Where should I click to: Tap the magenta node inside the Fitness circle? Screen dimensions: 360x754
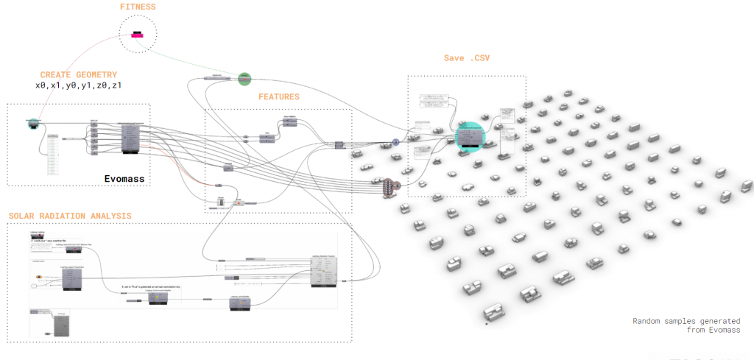(138, 36)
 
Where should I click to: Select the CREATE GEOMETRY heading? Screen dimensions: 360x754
(79, 74)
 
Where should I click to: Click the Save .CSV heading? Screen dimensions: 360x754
(465, 57)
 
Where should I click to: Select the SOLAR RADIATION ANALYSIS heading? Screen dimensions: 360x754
(70, 216)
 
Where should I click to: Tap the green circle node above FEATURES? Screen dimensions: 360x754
(244, 78)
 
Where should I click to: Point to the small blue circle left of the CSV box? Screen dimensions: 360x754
(395, 141)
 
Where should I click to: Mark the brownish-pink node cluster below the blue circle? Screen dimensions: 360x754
(390, 187)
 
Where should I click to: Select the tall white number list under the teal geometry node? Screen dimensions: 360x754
(53, 154)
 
